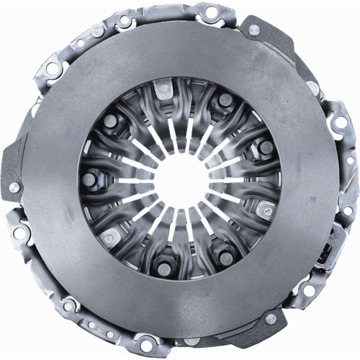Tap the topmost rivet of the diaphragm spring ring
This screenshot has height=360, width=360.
pyautogui.click(x=165, y=88)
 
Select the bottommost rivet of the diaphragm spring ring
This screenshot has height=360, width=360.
pyautogui.click(x=165, y=269)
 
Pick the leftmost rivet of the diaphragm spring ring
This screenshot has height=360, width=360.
pyautogui.click(x=88, y=179)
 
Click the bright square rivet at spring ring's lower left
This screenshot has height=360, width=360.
pyautogui.click(x=109, y=237)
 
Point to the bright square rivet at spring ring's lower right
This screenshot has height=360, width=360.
pyautogui.click(x=264, y=210)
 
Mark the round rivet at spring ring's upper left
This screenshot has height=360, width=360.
pyautogui.click(x=109, y=121)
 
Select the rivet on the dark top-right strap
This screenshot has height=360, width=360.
pyautogui.click(x=253, y=30)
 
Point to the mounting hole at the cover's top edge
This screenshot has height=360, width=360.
pyautogui.click(x=211, y=12)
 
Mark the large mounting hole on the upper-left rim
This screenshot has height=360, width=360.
pyautogui.click(x=53, y=69)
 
